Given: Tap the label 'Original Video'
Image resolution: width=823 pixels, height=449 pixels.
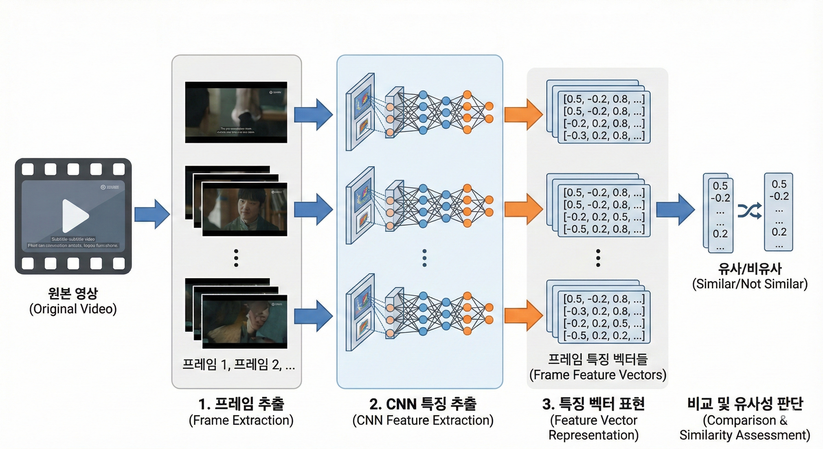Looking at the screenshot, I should point(73,309).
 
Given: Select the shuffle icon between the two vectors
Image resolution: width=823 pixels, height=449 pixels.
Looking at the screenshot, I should point(749,211).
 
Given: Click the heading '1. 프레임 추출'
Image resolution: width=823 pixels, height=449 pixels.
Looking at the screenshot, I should point(241,404).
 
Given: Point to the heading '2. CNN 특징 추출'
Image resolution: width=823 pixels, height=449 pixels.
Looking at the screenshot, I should point(423,404).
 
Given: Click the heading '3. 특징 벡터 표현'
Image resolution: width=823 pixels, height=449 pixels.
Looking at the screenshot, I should point(593,404).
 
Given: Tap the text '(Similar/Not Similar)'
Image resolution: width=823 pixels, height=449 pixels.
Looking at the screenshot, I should point(750,284).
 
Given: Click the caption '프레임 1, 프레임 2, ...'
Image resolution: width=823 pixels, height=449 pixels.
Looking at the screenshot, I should point(238,364).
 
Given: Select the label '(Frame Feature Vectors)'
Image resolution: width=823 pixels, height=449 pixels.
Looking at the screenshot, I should point(597,375).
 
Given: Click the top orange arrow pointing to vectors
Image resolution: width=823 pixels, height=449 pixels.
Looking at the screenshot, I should point(523,114).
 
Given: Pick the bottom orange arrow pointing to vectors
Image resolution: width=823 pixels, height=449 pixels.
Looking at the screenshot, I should point(523,316).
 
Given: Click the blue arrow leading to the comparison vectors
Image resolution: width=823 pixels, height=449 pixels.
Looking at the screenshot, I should point(675,210).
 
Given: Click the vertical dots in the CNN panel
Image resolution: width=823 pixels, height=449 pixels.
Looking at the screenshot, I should point(424,258).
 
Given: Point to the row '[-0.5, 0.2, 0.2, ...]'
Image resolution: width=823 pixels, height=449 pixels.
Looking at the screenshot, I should point(604,336).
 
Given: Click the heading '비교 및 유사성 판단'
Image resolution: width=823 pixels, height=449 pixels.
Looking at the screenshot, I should point(745,404).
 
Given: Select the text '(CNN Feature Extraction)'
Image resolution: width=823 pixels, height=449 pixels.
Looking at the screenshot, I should point(423,420).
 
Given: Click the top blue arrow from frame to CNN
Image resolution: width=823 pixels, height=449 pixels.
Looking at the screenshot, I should point(313,114).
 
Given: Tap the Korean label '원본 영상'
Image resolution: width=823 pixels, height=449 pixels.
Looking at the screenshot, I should point(73,293).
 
